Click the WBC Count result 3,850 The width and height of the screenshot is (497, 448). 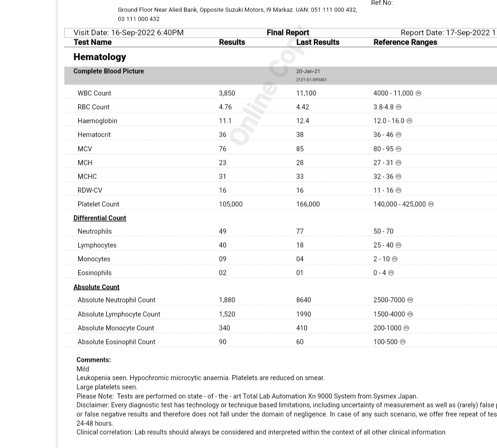[x=227, y=93]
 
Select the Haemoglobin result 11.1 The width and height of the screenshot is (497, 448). [x=225, y=121]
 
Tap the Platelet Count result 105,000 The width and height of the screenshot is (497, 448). [x=231, y=204]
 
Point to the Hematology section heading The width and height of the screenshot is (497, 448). [x=99, y=57]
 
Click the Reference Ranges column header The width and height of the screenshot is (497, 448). [x=405, y=42]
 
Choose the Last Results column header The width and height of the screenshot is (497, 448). [x=318, y=42]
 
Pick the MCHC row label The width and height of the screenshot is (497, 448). [x=87, y=176]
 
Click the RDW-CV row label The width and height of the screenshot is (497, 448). [x=90, y=190]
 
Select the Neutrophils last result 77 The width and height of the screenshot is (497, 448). [x=300, y=231]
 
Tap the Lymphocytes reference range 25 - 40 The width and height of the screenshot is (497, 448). [x=384, y=245]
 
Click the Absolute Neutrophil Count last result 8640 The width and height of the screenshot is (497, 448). [x=304, y=300]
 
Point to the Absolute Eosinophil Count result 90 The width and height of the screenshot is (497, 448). [x=223, y=342]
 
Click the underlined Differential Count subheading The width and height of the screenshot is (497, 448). [x=99, y=218]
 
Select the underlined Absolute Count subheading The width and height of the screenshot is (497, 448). [x=96, y=287]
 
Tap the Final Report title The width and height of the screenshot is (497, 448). [x=288, y=32]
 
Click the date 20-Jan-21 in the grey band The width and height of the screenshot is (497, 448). [x=308, y=71]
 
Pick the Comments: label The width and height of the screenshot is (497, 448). [x=93, y=360]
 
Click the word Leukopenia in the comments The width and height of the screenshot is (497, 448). [x=94, y=378]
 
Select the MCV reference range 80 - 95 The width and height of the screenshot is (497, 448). [x=384, y=149]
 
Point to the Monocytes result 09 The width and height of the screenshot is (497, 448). [x=223, y=259]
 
